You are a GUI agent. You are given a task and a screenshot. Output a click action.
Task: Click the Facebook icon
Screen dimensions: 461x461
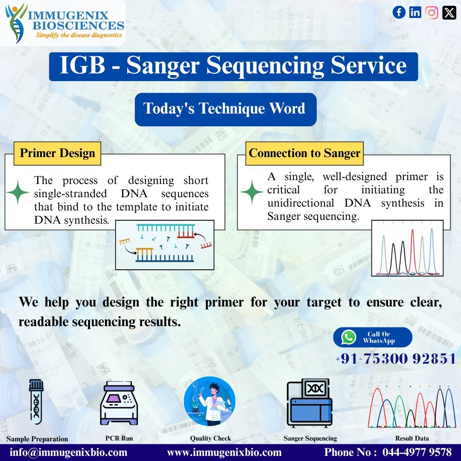click(x=399, y=12)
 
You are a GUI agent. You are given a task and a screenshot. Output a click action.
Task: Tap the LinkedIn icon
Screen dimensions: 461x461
click(x=415, y=12)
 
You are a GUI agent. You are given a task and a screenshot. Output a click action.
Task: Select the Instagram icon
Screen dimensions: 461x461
click(x=432, y=12)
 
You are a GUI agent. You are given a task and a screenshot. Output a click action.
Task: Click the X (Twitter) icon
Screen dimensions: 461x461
click(x=449, y=12)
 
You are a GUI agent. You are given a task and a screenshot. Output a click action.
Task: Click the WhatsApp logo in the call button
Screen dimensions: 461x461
click(x=349, y=337)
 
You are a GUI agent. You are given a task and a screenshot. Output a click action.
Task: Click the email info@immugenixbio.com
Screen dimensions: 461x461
click(x=69, y=452)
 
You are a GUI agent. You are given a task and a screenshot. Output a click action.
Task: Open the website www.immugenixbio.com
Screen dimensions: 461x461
click(x=224, y=452)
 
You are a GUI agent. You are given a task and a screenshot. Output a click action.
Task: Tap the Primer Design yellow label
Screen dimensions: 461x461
click(x=57, y=153)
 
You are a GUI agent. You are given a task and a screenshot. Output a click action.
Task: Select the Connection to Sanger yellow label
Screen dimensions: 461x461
click(x=304, y=153)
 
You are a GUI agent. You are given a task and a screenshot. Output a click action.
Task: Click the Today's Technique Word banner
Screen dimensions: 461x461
click(x=225, y=108)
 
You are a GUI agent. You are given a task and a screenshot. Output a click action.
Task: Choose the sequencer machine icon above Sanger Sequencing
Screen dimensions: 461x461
click(x=310, y=402)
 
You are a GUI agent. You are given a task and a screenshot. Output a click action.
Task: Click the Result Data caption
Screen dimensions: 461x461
click(x=411, y=438)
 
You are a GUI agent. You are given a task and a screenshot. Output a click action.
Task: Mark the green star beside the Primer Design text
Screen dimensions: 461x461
click(x=18, y=193)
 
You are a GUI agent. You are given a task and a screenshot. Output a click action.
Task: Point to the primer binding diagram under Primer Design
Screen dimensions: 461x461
click(x=165, y=245)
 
